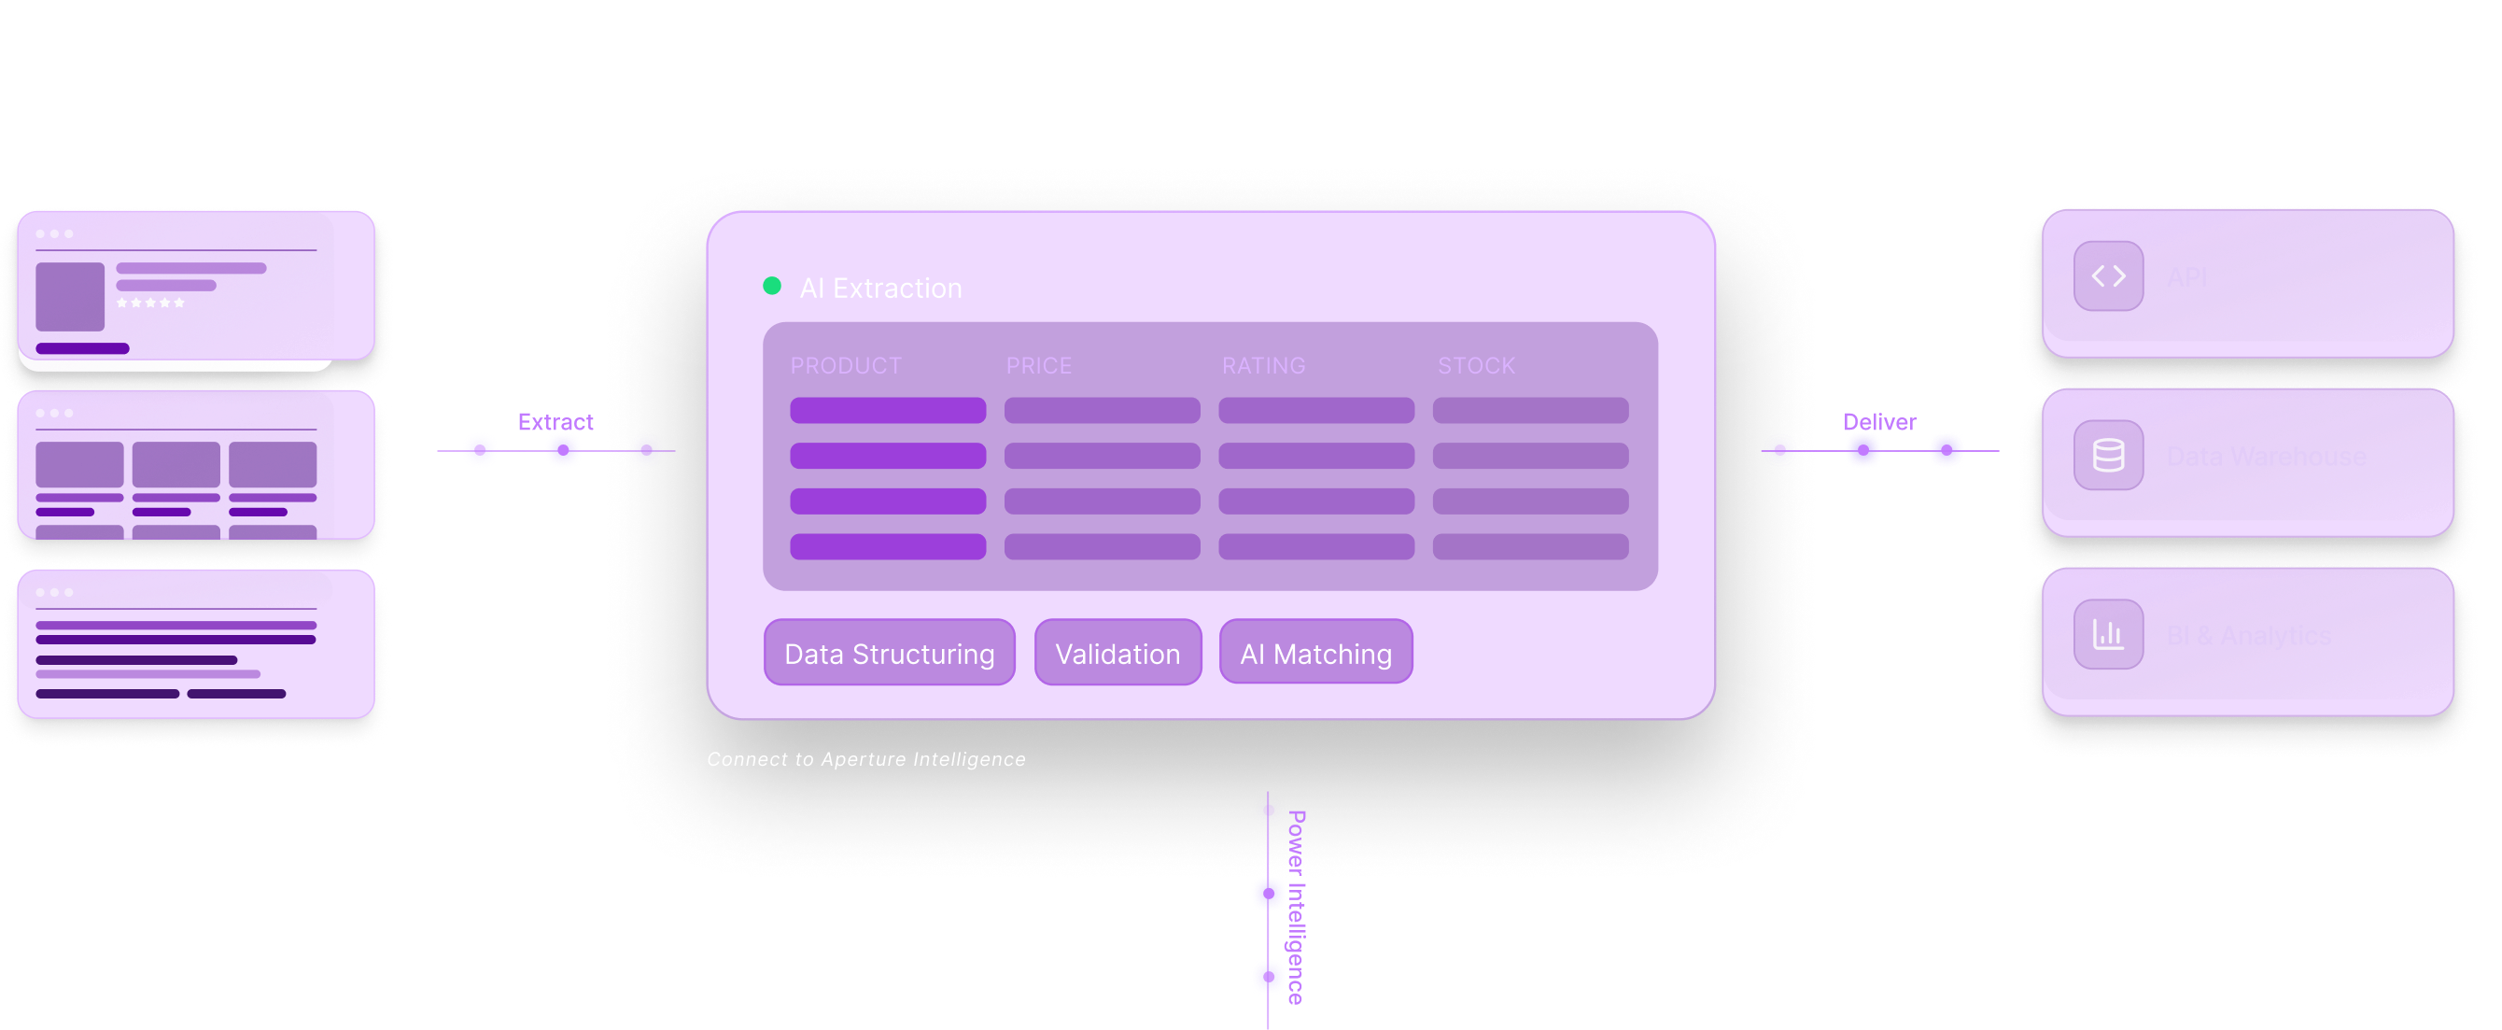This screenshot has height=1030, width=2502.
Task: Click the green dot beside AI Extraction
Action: click(772, 286)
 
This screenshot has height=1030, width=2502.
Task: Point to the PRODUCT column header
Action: click(845, 365)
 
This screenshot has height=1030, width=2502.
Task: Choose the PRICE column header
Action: click(1038, 365)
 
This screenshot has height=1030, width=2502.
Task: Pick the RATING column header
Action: click(1262, 365)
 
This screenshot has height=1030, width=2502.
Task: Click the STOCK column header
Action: click(1475, 365)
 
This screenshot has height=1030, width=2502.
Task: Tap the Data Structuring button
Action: click(889, 653)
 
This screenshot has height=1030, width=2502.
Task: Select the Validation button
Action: click(1117, 653)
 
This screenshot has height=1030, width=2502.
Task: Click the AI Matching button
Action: click(1315, 653)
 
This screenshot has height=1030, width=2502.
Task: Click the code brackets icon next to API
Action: click(2108, 277)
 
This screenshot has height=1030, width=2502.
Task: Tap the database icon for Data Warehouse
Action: click(2108, 456)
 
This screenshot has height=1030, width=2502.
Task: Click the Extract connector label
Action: click(555, 422)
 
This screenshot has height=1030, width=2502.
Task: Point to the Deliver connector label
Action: click(1879, 422)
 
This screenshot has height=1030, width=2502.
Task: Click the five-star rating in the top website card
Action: click(150, 303)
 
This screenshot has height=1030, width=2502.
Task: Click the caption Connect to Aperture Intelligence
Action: click(865, 759)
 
